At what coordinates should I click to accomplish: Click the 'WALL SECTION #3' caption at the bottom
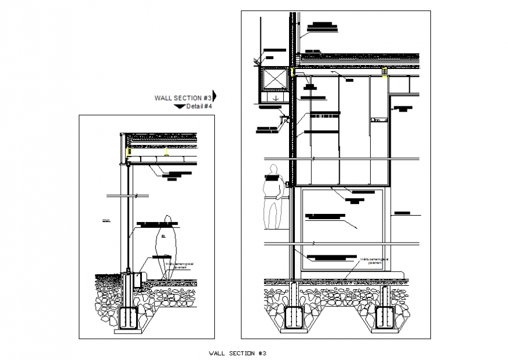237,353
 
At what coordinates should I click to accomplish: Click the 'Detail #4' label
199,107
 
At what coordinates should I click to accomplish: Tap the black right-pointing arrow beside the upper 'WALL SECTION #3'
214,96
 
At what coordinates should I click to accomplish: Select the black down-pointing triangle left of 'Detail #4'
179,107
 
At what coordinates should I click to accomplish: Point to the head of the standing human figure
272,170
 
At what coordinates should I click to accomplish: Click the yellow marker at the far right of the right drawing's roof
385,72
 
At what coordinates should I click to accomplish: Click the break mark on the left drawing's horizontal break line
135,195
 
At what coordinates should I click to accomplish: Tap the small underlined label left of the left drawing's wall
106,220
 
